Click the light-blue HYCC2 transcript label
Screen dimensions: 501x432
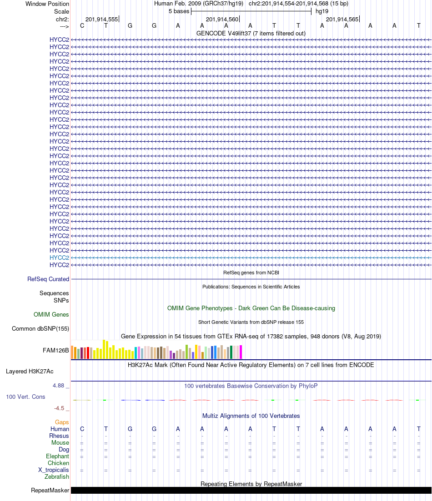(x=59, y=258)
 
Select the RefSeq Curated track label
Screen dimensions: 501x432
(x=48, y=279)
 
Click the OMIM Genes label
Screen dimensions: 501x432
(x=51, y=315)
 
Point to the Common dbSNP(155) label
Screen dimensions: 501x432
(x=40, y=329)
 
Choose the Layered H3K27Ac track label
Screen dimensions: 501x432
(x=37, y=372)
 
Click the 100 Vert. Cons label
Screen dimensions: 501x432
(x=25, y=397)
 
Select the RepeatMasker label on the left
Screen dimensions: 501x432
(x=50, y=491)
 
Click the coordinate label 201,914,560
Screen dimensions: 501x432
(x=222, y=20)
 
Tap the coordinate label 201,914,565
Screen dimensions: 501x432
(x=342, y=20)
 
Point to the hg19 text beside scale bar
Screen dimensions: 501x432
(x=322, y=11)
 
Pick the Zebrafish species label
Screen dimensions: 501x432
(x=57, y=477)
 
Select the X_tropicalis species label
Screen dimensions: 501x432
(x=54, y=470)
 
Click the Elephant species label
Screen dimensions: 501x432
(x=57, y=456)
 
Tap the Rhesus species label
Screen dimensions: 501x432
(x=59, y=436)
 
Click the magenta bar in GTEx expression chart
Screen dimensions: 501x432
(x=241, y=352)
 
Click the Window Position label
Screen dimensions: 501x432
(x=47, y=4)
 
